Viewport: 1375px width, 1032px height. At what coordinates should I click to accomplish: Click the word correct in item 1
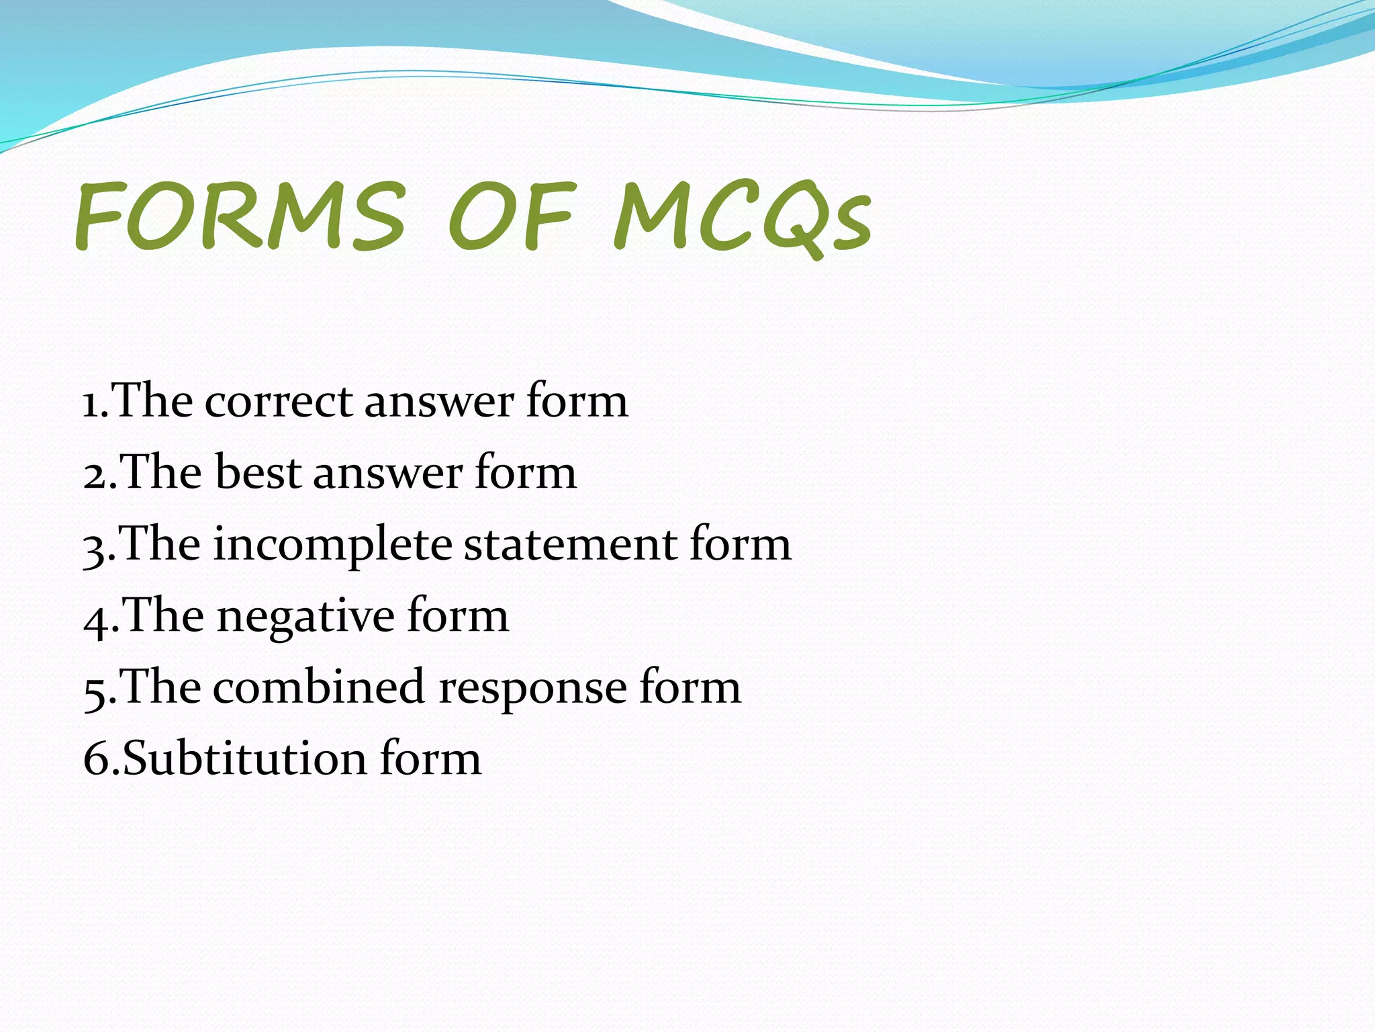[278, 402]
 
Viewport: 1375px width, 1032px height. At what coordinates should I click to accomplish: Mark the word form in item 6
[430, 758]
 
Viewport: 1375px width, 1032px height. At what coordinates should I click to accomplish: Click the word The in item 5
[161, 688]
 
